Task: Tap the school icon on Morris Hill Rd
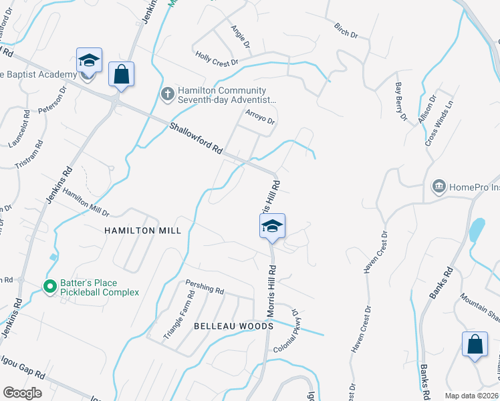point(272,228)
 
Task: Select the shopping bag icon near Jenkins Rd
point(121,76)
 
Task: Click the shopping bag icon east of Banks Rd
point(475,346)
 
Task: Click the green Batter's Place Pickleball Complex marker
point(49,287)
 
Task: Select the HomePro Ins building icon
point(439,185)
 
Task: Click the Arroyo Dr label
point(260,117)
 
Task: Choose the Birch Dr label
point(346,29)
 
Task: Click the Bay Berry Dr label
point(401,102)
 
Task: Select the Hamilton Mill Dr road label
point(86,203)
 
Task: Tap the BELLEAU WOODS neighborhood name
point(233,326)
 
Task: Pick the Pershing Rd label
point(205,289)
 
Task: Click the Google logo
point(22,393)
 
